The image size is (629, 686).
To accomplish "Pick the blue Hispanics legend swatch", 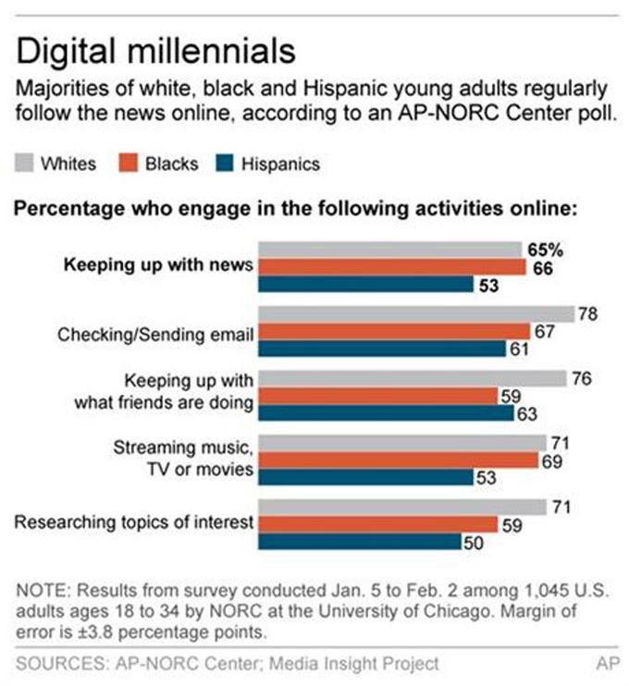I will [x=227, y=164].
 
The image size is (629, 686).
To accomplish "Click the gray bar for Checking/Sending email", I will [x=415, y=314].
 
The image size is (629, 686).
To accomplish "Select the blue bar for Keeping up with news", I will [x=365, y=284].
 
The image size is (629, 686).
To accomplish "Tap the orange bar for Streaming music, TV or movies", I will [x=399, y=459].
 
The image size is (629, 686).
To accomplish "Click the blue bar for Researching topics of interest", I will [x=360, y=541].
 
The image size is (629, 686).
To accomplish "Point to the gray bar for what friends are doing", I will [x=412, y=379].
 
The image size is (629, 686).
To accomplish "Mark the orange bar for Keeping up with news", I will [x=392, y=267].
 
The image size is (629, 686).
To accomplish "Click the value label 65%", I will [x=547, y=250].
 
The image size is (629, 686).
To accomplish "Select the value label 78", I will [x=587, y=314].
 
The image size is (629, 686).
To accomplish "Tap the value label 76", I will [x=581, y=379].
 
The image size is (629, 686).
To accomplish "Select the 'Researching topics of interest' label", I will [x=134, y=522].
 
